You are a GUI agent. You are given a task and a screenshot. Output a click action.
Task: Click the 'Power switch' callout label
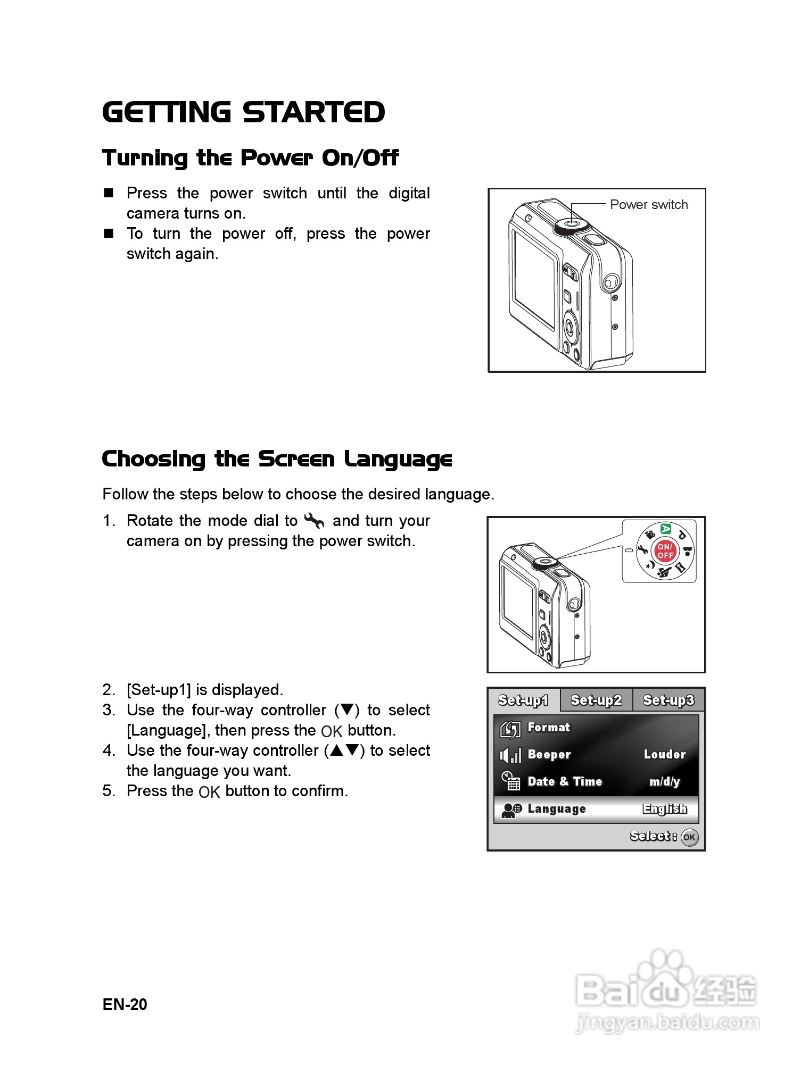pos(648,205)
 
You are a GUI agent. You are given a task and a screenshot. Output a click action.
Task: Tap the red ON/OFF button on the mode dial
pos(665,551)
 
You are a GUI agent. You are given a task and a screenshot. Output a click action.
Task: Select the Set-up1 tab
pos(523,700)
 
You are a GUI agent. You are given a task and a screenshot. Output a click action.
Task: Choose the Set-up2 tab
pos(596,700)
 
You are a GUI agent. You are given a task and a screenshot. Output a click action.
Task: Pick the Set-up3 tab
pos(668,700)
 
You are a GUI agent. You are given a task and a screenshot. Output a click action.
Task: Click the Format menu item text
pos(549,727)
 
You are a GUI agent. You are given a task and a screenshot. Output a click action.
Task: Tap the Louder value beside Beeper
pos(665,754)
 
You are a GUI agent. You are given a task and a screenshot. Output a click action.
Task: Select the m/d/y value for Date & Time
pos(665,781)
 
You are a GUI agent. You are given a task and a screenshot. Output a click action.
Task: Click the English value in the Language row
pos(665,809)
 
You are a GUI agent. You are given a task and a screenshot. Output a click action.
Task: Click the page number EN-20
pos(125,1004)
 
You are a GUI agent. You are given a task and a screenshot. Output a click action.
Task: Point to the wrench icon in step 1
pos(314,521)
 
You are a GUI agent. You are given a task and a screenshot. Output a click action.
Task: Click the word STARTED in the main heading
pos(313,112)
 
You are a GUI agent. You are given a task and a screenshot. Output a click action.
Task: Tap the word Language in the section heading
pos(398,460)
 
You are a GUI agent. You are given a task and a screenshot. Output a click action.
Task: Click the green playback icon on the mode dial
pos(666,529)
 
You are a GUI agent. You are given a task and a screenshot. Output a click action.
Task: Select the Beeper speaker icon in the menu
pos(510,755)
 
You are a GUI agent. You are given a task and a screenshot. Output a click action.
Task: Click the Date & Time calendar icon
pos(510,781)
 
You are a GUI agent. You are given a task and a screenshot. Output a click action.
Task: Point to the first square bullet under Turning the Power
pos(109,193)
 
